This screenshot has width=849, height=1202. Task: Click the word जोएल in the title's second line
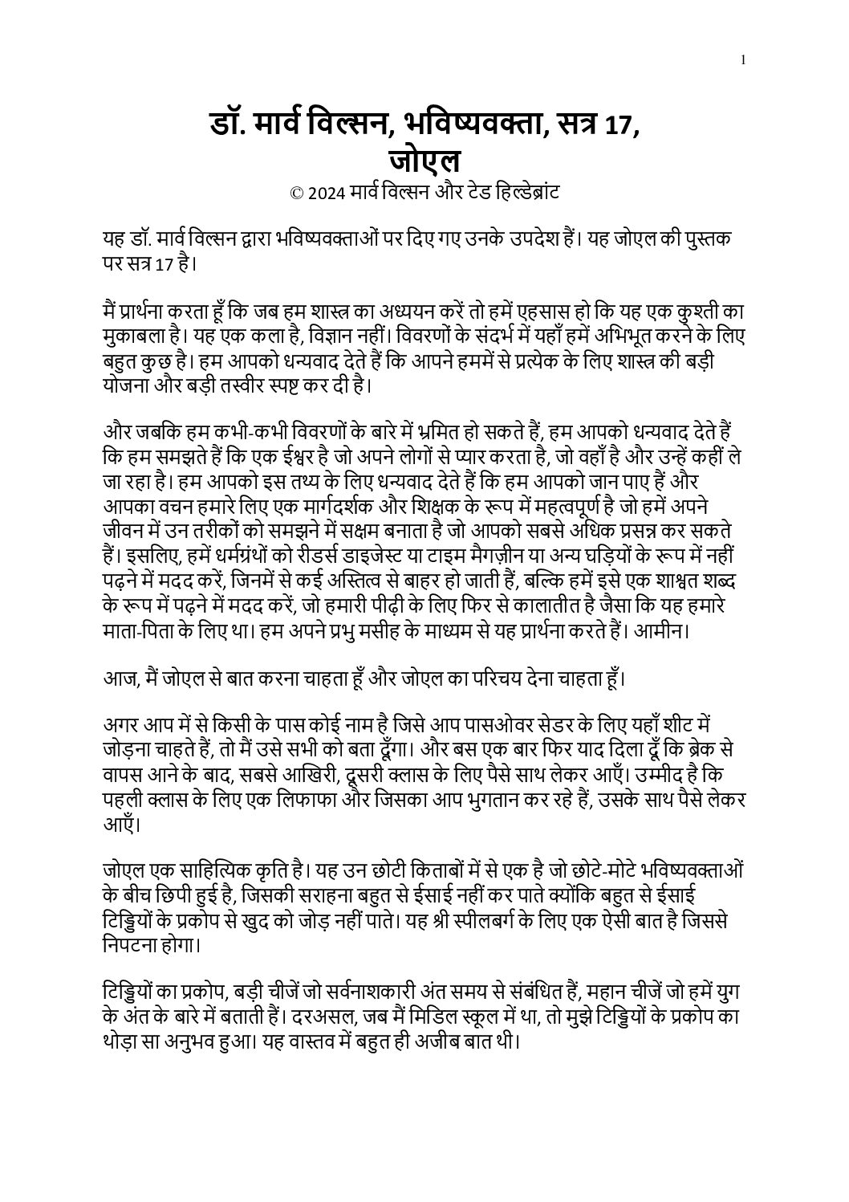pos(424,161)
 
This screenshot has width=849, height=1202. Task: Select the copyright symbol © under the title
pos(296,194)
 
